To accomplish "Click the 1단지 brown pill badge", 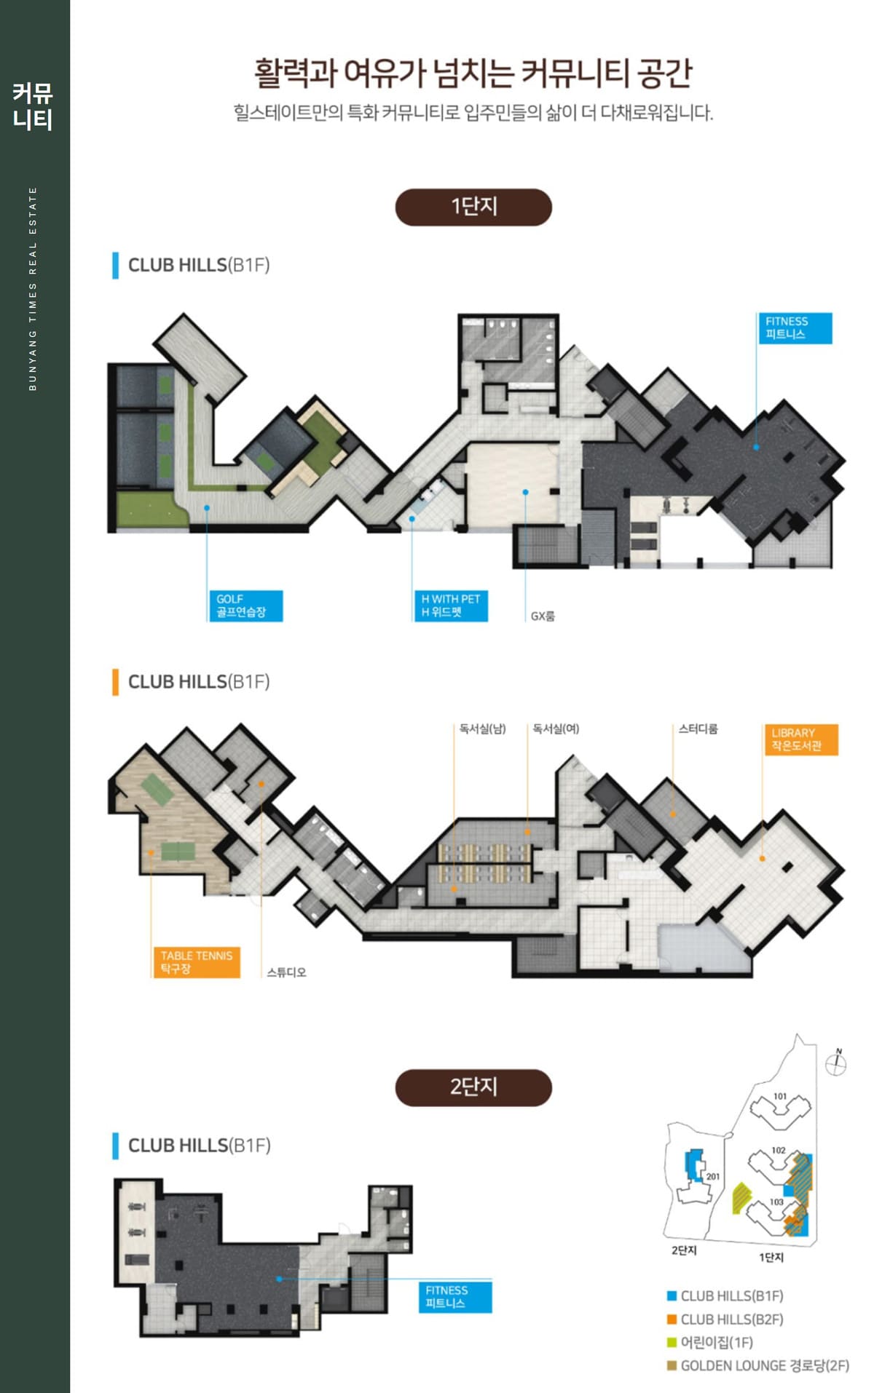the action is pos(473,207).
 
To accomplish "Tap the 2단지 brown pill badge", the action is pos(473,1087).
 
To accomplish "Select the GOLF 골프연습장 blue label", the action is pos(245,606).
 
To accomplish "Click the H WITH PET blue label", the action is pos(451,606).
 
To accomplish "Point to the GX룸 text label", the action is pos(543,616).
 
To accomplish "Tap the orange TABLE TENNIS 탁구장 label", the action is pos(197,962).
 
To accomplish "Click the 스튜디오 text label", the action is pos(286,972).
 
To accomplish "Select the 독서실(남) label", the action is pos(482,729).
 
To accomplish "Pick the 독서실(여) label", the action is pos(556,729).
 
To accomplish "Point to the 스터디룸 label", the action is pos(698,729).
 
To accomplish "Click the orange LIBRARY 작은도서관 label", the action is pos(801,739).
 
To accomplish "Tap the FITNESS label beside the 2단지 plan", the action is pos(455,1297).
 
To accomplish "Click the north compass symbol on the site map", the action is pos(836,1063).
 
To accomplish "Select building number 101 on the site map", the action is pos(780,1096).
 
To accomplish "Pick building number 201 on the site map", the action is pos(712,1176).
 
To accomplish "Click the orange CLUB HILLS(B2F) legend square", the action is pos(672,1319).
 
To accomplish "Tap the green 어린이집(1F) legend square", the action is pos(672,1342).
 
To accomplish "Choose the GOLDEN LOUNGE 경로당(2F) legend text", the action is pos(765,1365).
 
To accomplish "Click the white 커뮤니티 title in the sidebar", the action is pos(33,106).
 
